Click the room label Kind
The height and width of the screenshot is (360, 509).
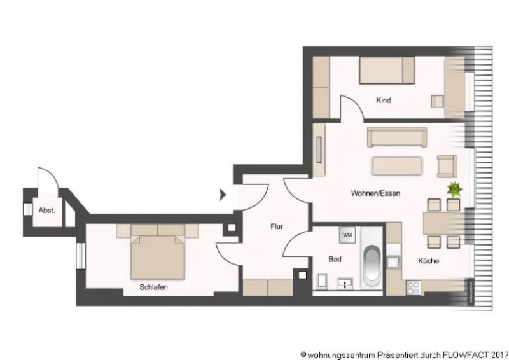click(384, 100)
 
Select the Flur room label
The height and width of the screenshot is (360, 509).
click(277, 226)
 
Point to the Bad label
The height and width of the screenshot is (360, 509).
click(335, 259)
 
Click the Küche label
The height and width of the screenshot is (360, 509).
click(428, 261)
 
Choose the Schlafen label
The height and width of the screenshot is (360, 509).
click(154, 287)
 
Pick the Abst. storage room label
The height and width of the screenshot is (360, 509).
click(46, 209)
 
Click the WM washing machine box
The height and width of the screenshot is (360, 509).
click(348, 235)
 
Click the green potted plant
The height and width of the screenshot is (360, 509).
click(455, 189)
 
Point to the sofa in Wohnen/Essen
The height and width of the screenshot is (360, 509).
click(396, 137)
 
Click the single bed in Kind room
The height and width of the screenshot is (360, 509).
click(386, 69)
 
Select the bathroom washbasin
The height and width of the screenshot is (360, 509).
click(347, 282)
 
